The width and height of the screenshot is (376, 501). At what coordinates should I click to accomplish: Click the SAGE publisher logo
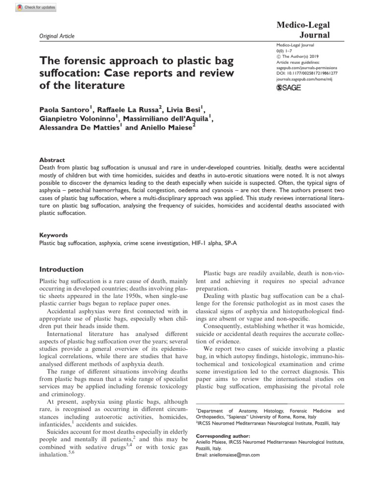tap(289, 88)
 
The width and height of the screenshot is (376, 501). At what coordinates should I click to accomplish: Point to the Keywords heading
tap(53, 235)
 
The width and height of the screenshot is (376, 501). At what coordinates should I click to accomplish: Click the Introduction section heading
tap(61, 269)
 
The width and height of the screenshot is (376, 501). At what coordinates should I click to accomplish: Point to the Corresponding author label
tap(223, 435)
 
